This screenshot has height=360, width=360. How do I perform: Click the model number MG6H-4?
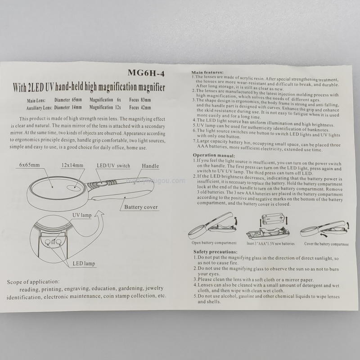(146, 73)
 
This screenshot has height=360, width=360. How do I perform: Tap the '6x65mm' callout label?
(29, 165)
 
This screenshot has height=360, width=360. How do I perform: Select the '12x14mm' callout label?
(72, 165)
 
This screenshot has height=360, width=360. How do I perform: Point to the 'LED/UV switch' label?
(113, 166)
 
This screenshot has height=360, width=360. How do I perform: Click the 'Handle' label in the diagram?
(150, 166)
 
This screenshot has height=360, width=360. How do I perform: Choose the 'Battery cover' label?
(141, 207)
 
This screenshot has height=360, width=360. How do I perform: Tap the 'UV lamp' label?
(82, 215)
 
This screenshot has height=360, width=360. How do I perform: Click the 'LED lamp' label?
(84, 264)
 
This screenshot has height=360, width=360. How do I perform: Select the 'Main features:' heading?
(207, 72)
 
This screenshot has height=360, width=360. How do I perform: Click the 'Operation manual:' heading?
(214, 155)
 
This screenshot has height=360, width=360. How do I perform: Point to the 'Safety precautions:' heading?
(216, 252)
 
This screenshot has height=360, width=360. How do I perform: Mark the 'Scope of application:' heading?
(33, 282)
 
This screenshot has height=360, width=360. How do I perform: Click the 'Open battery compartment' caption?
(214, 243)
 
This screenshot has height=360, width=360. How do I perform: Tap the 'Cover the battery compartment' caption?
(326, 244)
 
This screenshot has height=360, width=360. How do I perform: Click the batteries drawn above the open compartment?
(273, 219)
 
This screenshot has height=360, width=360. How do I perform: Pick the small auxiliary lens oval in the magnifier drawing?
(74, 188)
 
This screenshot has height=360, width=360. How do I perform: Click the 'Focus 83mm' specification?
(140, 100)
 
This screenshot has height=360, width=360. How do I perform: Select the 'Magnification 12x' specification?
(105, 107)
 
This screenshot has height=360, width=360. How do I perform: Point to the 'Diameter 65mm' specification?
(68, 100)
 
